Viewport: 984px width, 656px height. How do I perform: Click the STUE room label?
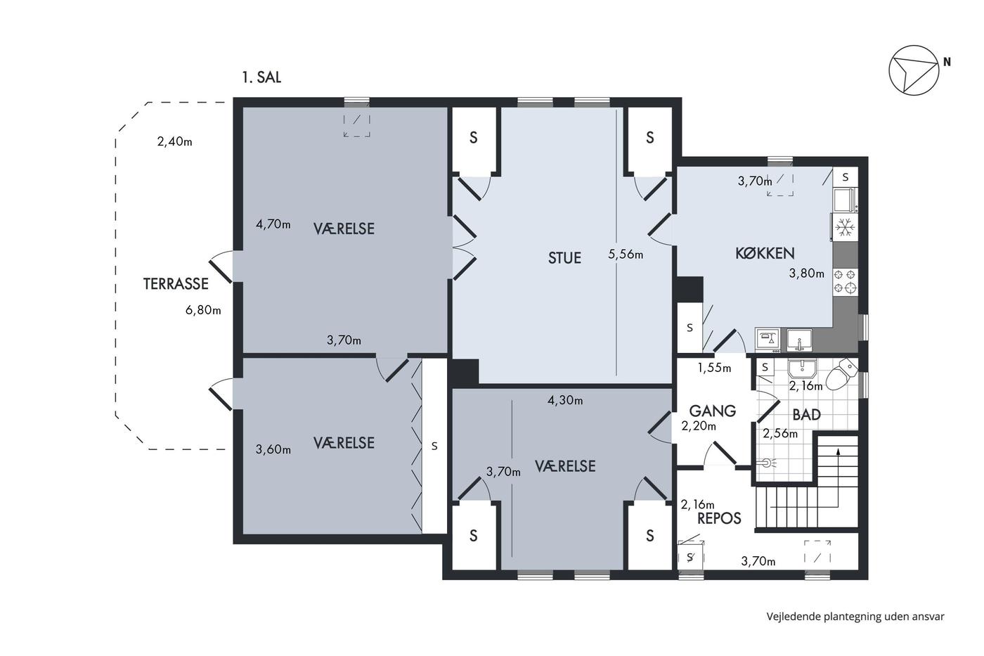pos(564,257)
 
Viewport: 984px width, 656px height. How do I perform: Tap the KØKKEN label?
pos(765,253)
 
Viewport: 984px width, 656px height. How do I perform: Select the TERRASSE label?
pos(176,284)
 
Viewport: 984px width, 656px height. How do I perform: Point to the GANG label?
pos(712,411)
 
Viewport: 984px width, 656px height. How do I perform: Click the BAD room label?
pos(807,414)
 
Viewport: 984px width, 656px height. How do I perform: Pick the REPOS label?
pos(719,518)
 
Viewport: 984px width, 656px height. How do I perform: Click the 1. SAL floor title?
pos(261,77)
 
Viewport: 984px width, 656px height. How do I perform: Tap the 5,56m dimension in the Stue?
pos(626,254)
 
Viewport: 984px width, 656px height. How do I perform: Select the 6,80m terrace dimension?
pos(203,310)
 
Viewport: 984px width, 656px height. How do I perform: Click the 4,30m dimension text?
pos(565,400)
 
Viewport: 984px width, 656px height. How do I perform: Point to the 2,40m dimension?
pos(174,141)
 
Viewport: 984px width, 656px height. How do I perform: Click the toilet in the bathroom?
pos(841,374)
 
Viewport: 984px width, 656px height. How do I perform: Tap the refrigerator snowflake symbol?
pos(845,228)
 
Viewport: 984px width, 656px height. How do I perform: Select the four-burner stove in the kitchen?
pos(845,281)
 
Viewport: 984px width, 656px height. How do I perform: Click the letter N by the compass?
pos(947,63)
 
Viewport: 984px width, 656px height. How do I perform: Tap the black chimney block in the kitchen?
pos(690,289)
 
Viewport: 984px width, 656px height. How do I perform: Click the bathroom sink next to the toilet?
pos(802,369)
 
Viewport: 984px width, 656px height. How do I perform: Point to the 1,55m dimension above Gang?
pos(714,368)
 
